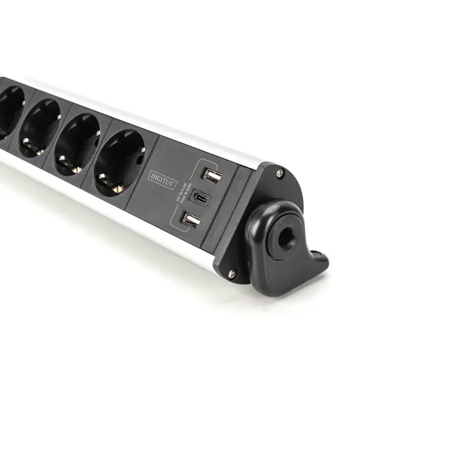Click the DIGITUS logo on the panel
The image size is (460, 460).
(163, 175)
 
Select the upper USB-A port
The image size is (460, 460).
(211, 175)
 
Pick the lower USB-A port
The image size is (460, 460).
(191, 221)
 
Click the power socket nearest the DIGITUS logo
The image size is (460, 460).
(120, 163)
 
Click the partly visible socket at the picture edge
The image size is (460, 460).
(9, 112)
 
